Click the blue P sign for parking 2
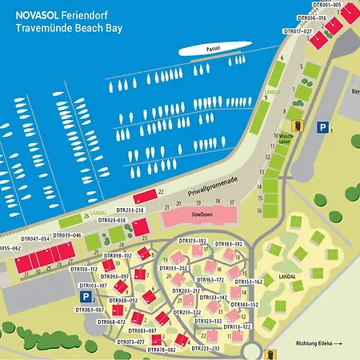pos(86,297)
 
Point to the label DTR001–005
pos(325,5)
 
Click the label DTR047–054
pos(35,238)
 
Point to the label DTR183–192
pos(228,243)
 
